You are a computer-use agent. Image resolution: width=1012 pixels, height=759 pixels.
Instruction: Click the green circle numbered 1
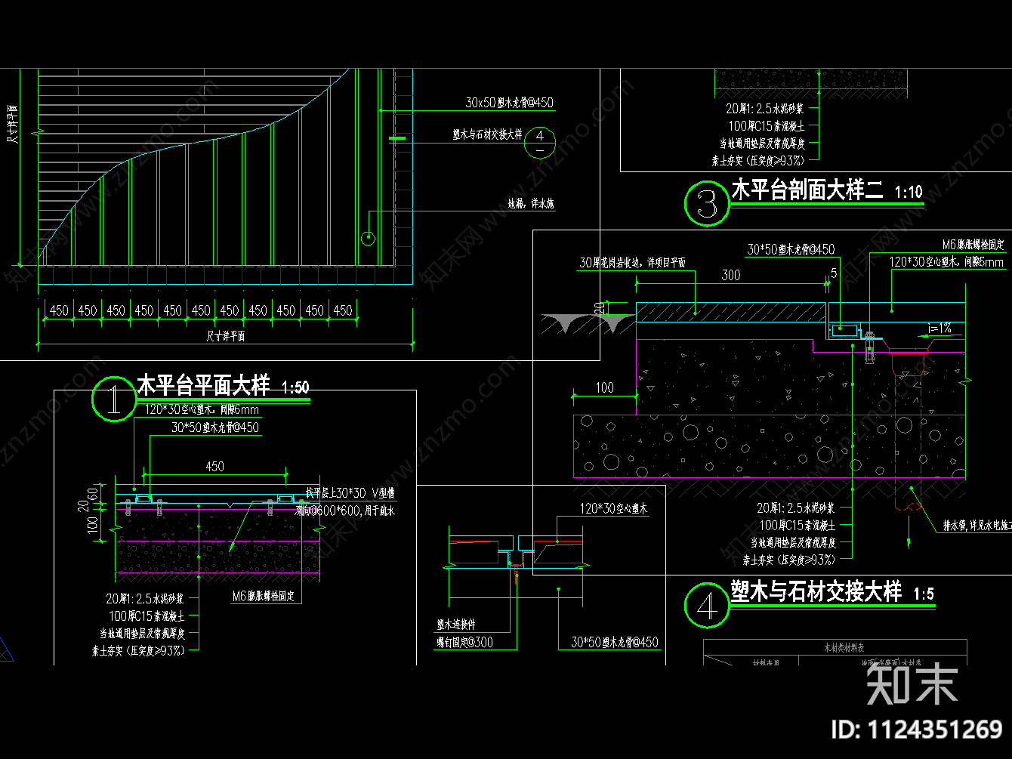point(113,399)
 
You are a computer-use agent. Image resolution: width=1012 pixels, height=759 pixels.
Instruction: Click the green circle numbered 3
point(707,203)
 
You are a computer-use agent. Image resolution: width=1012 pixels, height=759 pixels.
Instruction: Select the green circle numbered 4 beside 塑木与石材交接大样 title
point(707,606)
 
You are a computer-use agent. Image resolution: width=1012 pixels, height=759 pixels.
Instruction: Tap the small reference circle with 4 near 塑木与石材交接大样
point(539,141)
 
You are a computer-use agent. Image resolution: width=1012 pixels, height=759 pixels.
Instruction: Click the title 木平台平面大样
point(202,386)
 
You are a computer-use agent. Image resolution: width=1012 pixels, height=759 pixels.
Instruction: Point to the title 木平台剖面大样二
point(807,190)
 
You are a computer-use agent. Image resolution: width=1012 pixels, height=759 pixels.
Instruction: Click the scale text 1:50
point(295,388)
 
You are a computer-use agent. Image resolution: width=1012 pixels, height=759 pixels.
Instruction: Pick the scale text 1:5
point(923,594)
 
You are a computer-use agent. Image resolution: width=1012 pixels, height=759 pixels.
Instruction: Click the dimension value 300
point(730,276)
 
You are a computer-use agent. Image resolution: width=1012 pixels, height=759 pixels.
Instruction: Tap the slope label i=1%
point(940,329)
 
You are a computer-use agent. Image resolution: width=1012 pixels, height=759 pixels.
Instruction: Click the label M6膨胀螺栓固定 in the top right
point(973,245)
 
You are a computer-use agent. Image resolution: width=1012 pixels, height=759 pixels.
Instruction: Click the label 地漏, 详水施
point(531,204)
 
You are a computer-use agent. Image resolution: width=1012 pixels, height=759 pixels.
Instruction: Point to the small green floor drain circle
point(368,239)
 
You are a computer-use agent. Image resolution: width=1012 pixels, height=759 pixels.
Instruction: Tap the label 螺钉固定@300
point(464,642)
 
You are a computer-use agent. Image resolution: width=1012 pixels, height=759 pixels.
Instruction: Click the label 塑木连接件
point(456,625)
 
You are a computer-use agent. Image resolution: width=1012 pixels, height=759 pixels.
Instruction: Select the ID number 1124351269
point(917,730)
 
